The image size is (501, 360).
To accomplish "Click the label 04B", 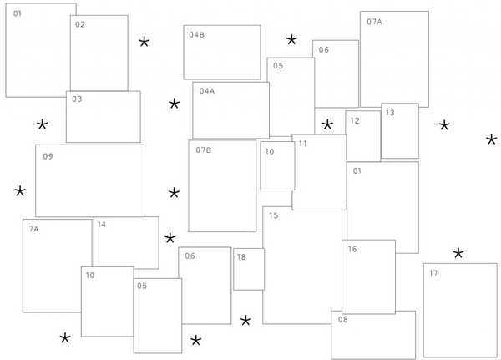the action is pos(196,35).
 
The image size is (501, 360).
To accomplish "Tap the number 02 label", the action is pos(80,24).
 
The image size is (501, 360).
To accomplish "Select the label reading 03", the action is pos(77,99).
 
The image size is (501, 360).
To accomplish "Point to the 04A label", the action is pos(207,91).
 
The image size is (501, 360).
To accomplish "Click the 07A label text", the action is pos(374,22).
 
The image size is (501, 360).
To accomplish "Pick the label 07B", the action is pos(203,150).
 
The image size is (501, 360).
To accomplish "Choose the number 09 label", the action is pos(48,156).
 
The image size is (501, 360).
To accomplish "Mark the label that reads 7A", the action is pos(33,229).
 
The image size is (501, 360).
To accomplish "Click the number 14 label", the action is pos(102,225).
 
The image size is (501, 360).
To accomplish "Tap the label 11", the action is pos(302,144).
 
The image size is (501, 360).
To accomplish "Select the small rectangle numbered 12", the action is pos(363,136).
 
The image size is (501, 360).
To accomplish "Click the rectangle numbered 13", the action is pos(400,131).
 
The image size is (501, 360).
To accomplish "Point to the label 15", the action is pos(274,215).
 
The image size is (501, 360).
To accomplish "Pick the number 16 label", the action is pos(352,249).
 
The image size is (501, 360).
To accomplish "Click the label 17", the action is pos(433,273).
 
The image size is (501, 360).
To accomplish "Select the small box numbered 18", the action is pos(249,269).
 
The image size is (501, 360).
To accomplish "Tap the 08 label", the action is pos(343,319).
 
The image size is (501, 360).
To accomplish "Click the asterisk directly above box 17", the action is pos(458,254).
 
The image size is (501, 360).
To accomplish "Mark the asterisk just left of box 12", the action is pos(327,124).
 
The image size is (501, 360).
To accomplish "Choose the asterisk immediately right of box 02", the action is pos(144,43).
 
